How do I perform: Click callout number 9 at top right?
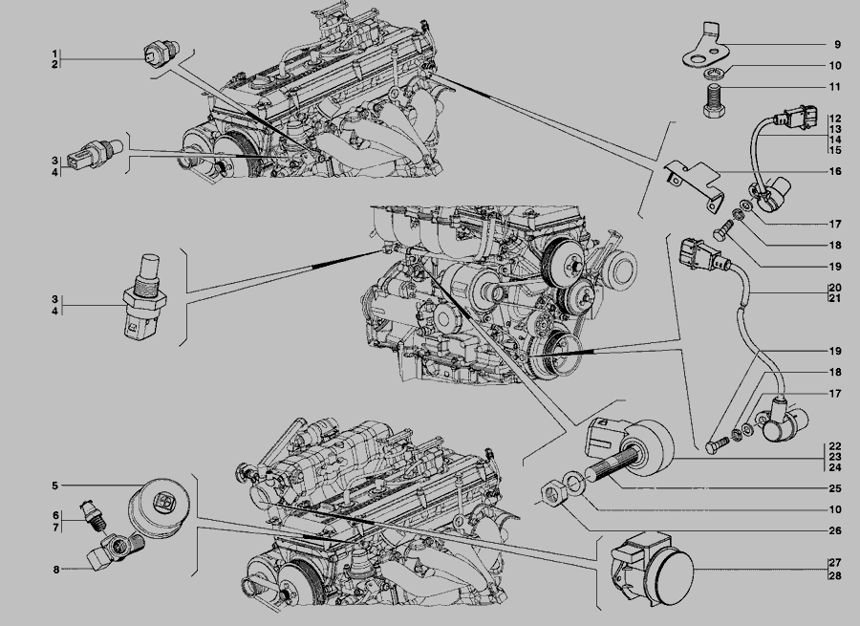pyautogui.click(x=837, y=44)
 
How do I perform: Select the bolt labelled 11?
pyautogui.click(x=714, y=101)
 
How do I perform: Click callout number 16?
pyautogui.click(x=835, y=171)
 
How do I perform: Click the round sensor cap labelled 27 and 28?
pyautogui.click(x=653, y=568)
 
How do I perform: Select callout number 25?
pyautogui.click(x=835, y=487)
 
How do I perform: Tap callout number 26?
pyautogui.click(x=835, y=530)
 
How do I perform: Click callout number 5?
pyautogui.click(x=54, y=486)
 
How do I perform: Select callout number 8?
pyautogui.click(x=56, y=570)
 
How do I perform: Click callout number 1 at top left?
pyautogui.click(x=54, y=54)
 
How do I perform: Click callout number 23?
pyautogui.click(x=835, y=457)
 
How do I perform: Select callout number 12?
pyautogui.click(x=835, y=118)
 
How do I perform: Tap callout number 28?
pyautogui.click(x=835, y=575)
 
